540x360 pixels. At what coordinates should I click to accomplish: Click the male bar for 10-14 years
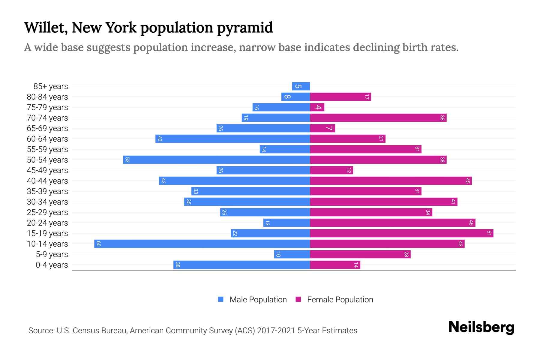coord(202,244)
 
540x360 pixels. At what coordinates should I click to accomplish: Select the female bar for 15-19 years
coord(401,233)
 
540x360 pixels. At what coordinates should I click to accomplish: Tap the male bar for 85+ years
coord(301,86)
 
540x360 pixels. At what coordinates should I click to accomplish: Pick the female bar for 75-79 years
coord(317,107)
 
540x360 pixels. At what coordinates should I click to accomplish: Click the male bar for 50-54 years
coord(216,160)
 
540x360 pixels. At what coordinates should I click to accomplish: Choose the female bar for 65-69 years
coord(322,128)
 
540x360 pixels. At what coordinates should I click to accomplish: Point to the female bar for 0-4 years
coord(335,265)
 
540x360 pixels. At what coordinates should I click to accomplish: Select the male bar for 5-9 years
coord(292,254)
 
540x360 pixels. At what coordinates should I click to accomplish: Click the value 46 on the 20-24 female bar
coord(471,223)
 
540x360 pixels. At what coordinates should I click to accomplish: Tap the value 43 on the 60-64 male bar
coord(160,139)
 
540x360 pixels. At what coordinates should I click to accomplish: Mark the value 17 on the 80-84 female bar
coord(367,97)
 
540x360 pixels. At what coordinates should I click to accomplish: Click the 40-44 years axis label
coord(47,181)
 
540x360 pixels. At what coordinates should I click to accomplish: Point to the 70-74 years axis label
coord(47,118)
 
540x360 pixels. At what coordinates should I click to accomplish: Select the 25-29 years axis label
coord(47,212)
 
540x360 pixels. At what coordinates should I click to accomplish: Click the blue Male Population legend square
coord(221,299)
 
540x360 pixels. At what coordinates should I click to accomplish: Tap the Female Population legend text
coord(340,299)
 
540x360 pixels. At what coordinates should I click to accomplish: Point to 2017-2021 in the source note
coord(276,331)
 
